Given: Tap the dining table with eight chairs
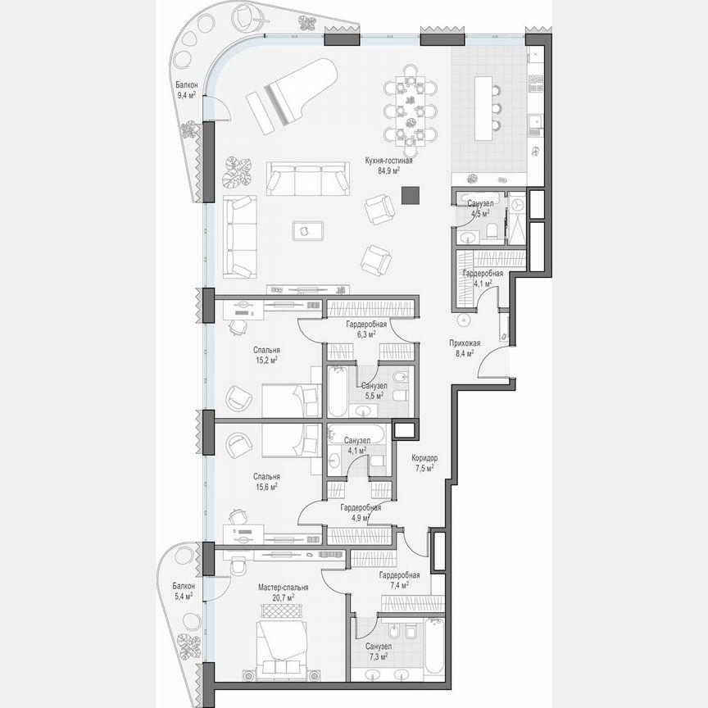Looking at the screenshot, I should click(x=411, y=110).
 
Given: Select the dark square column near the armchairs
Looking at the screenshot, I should click(x=410, y=194).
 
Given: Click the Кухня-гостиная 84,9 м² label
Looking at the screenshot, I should click(x=388, y=166).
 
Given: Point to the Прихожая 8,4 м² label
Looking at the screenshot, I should click(x=465, y=348).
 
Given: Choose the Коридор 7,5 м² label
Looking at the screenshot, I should click(x=424, y=463).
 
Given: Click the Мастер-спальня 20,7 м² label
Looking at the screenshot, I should click(x=283, y=592).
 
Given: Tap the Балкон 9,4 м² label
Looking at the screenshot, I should click(x=185, y=89).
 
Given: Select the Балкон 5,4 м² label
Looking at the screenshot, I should click(x=184, y=591).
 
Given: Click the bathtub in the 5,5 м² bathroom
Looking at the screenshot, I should click(x=338, y=392).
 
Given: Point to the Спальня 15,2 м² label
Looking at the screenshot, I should click(x=265, y=354).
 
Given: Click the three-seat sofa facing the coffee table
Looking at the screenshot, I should click(x=307, y=178).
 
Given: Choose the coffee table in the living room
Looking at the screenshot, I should click(x=305, y=231).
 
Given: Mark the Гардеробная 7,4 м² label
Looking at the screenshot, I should click(x=399, y=580).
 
